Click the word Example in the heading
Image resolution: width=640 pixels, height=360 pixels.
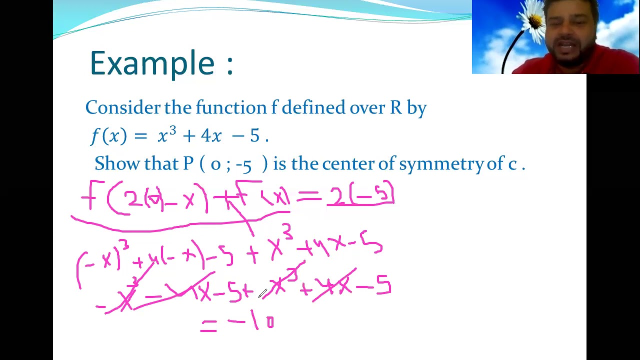(152, 63)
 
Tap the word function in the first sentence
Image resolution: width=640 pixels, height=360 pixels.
(231, 107)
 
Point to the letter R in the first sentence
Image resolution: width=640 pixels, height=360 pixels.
(395, 107)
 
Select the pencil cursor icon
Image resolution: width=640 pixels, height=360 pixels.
(262, 293)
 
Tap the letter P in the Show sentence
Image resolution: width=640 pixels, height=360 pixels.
(188, 163)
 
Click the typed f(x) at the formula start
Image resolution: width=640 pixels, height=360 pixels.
(109, 136)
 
